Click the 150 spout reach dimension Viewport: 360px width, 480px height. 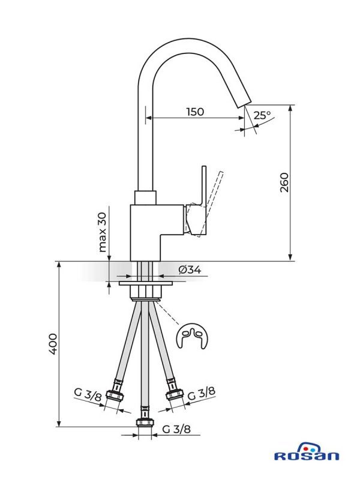pos(194,112)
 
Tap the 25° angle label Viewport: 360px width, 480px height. pos(262,115)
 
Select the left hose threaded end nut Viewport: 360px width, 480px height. pos(114,397)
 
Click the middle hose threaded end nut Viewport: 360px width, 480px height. pos(144,416)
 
